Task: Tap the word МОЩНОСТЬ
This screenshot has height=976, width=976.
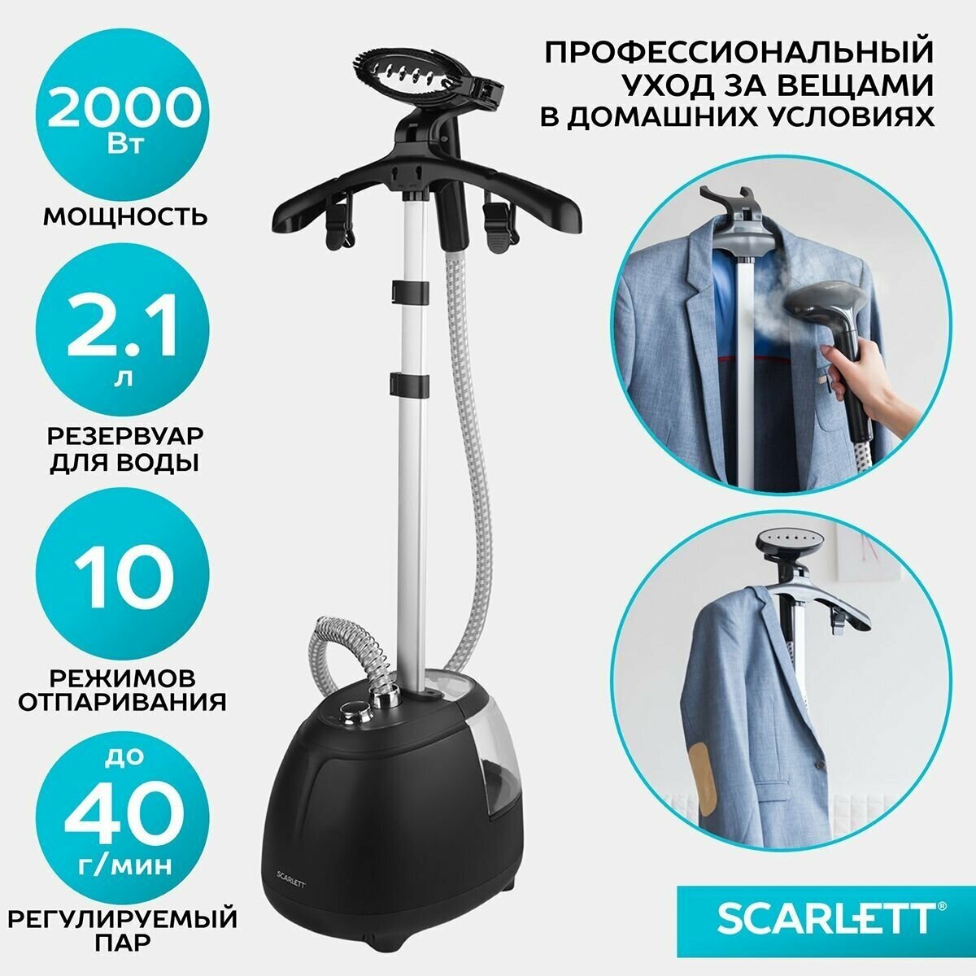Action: (x=124, y=217)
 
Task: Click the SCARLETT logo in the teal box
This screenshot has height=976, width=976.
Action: (x=824, y=919)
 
